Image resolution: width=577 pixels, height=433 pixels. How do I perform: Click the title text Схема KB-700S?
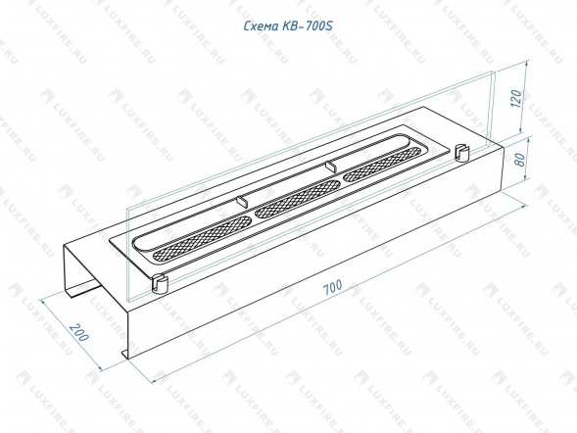pos(288,26)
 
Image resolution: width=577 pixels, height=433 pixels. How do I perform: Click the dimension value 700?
pos(333,287)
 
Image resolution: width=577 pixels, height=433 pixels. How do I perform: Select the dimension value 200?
pos(79,332)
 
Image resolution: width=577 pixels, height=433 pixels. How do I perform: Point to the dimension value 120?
pos(516,98)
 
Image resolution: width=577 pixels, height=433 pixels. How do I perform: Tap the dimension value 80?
pos(520,160)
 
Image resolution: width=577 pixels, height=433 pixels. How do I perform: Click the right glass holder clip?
pos(461,153)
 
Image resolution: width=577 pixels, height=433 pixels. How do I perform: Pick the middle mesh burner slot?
pos(298,199)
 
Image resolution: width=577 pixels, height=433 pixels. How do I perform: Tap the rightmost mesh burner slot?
pos(383,164)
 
